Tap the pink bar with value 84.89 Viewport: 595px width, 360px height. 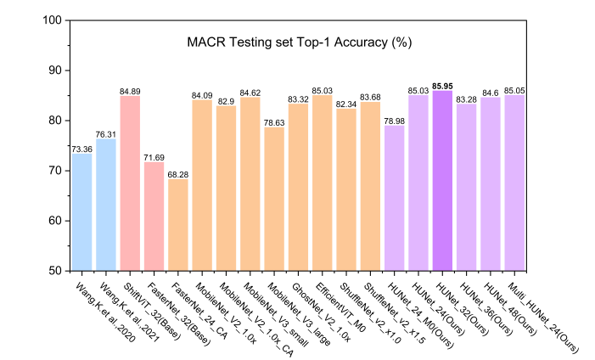[130, 183]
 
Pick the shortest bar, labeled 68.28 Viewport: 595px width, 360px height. [177, 225]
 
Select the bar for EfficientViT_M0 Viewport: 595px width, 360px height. [322, 183]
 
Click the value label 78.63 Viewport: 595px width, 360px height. [273, 122]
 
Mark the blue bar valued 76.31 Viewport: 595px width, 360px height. [106, 205]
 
